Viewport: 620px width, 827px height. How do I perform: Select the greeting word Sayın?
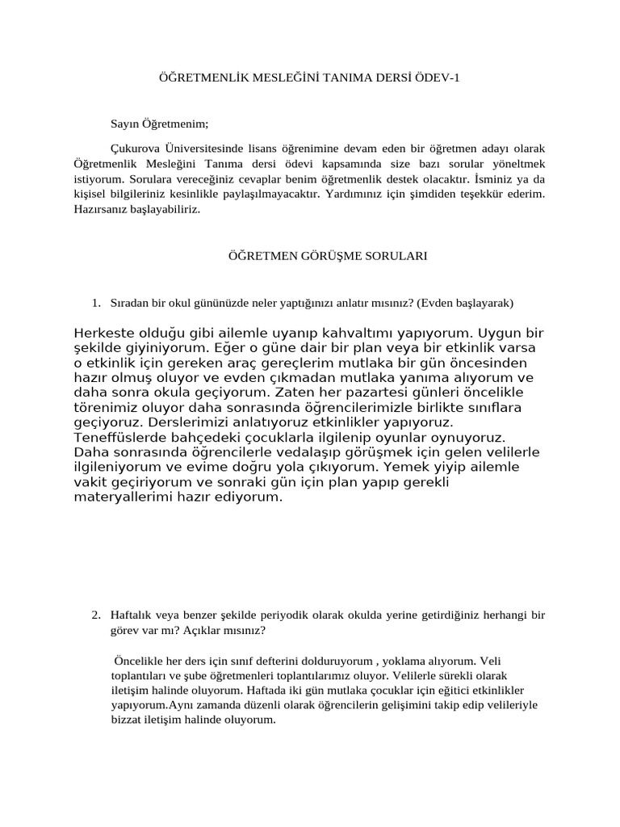(x=125, y=124)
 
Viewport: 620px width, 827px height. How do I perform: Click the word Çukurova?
(x=136, y=149)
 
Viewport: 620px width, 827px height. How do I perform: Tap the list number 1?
(x=95, y=303)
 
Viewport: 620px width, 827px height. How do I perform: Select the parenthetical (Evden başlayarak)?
(x=466, y=303)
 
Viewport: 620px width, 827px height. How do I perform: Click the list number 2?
(x=95, y=615)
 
